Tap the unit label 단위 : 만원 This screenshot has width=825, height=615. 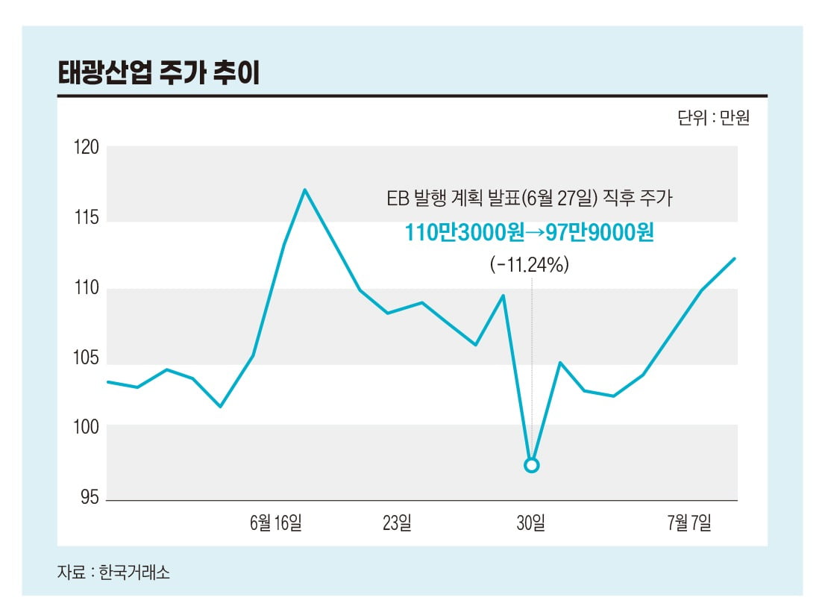pos(713,119)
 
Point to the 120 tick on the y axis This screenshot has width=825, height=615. pos(87,148)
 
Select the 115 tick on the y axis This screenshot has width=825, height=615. pos(87,219)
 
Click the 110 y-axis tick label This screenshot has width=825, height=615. pos(87,289)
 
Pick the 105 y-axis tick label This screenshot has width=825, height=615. pos(87,358)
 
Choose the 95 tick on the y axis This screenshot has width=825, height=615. pos(90,497)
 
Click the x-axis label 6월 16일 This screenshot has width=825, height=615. pos(276,523)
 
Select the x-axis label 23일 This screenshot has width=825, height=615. pos(397,523)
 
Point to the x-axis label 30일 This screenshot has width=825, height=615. pos(531,523)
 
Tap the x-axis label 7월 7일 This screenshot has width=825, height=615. pos(689,523)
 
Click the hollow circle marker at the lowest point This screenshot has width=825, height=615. pos(531,465)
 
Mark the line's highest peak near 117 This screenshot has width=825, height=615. pos(304,190)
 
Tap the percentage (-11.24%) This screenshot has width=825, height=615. pos(530,264)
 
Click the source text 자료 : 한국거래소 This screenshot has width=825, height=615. pos(113,573)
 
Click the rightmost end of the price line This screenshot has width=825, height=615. pos(735,258)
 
